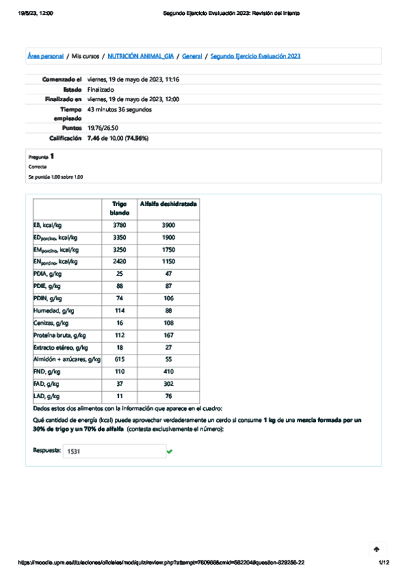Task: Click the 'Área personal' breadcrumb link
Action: [x=46, y=56]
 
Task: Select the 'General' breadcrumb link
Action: [x=192, y=56]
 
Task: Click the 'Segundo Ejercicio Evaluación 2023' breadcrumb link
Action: [x=255, y=56]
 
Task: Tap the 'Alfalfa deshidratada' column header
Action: [x=168, y=203]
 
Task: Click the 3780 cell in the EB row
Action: [x=120, y=225]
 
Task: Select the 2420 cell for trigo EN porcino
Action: [x=120, y=262]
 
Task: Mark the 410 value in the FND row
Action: [x=168, y=372]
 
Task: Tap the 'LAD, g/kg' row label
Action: [x=47, y=396]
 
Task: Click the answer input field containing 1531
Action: [x=113, y=450]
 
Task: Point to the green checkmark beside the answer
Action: [x=169, y=450]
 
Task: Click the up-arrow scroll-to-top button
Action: [x=376, y=548]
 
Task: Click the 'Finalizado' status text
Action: [x=101, y=89]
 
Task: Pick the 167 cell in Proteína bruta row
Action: [x=168, y=335]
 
